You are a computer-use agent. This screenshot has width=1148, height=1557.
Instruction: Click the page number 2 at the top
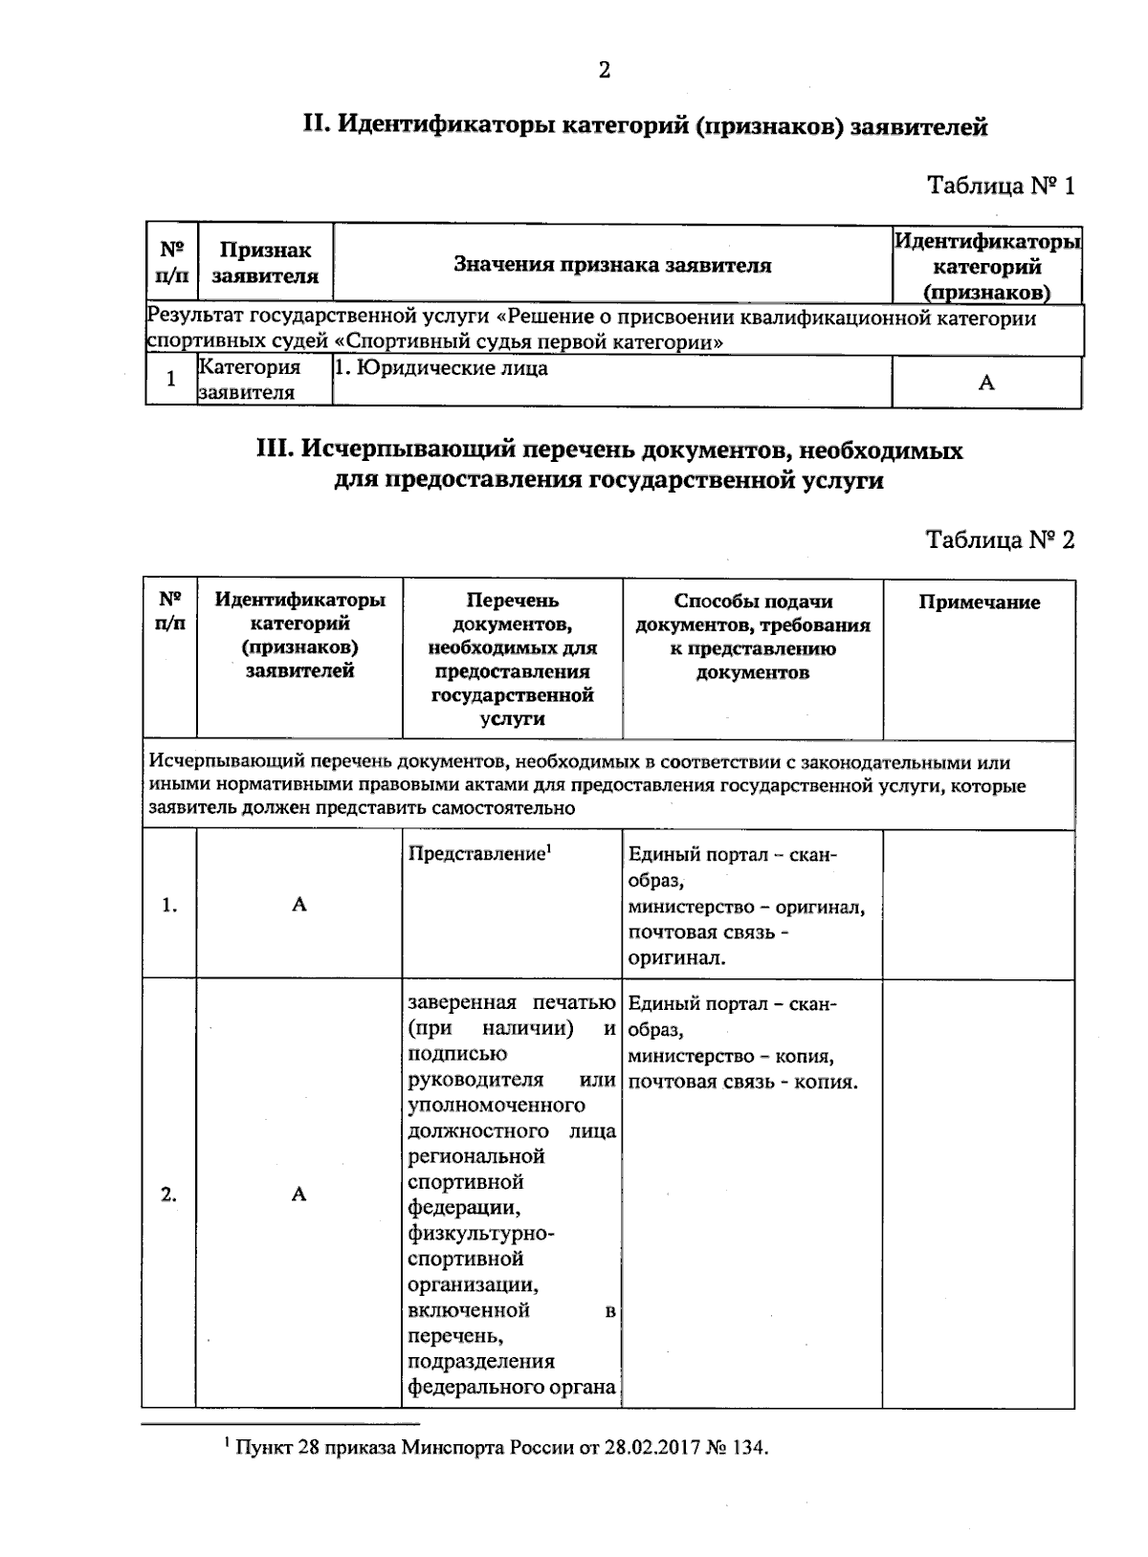[x=604, y=70]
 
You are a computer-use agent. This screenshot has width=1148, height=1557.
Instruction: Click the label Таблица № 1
[x=1001, y=186]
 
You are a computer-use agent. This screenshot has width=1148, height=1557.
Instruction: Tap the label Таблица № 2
[x=1001, y=540]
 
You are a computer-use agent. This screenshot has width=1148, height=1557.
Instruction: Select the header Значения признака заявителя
[x=612, y=265]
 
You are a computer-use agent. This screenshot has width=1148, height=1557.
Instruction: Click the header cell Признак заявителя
[x=265, y=263]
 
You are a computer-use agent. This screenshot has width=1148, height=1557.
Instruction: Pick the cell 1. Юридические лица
[x=440, y=368]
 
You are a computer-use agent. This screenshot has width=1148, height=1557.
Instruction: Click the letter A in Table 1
[x=986, y=384]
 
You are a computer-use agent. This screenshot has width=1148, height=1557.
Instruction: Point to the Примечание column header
[x=979, y=603]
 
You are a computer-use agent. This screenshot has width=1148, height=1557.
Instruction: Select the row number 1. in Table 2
[x=169, y=906]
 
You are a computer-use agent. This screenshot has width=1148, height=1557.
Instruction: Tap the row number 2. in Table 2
[x=169, y=1194]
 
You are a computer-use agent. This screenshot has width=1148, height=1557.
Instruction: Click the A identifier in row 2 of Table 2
[x=299, y=1194]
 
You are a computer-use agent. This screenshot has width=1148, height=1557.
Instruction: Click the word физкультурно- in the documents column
[x=481, y=1234]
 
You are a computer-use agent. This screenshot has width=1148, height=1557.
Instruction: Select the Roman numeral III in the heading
[x=275, y=450]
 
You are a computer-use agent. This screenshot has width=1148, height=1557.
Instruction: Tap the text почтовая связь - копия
[x=742, y=1083]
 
